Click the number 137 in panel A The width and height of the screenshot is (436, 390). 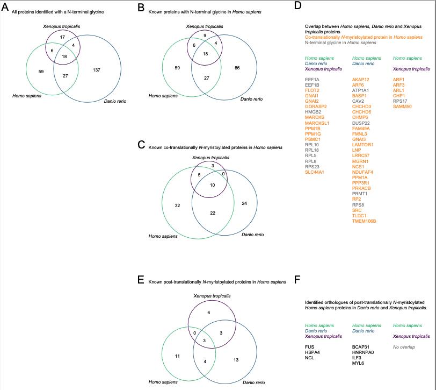click(x=97, y=70)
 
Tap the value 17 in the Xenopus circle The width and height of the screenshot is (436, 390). click(x=62, y=37)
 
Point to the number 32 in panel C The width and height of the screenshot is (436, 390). click(x=177, y=205)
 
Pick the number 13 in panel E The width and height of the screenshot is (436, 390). click(x=236, y=359)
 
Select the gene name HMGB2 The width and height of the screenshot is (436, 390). click(x=313, y=112)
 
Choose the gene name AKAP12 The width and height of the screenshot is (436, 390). click(x=360, y=79)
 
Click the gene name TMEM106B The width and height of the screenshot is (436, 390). click(x=364, y=221)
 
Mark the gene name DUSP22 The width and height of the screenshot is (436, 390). click(x=361, y=123)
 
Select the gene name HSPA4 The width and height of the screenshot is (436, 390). click(x=312, y=352)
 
